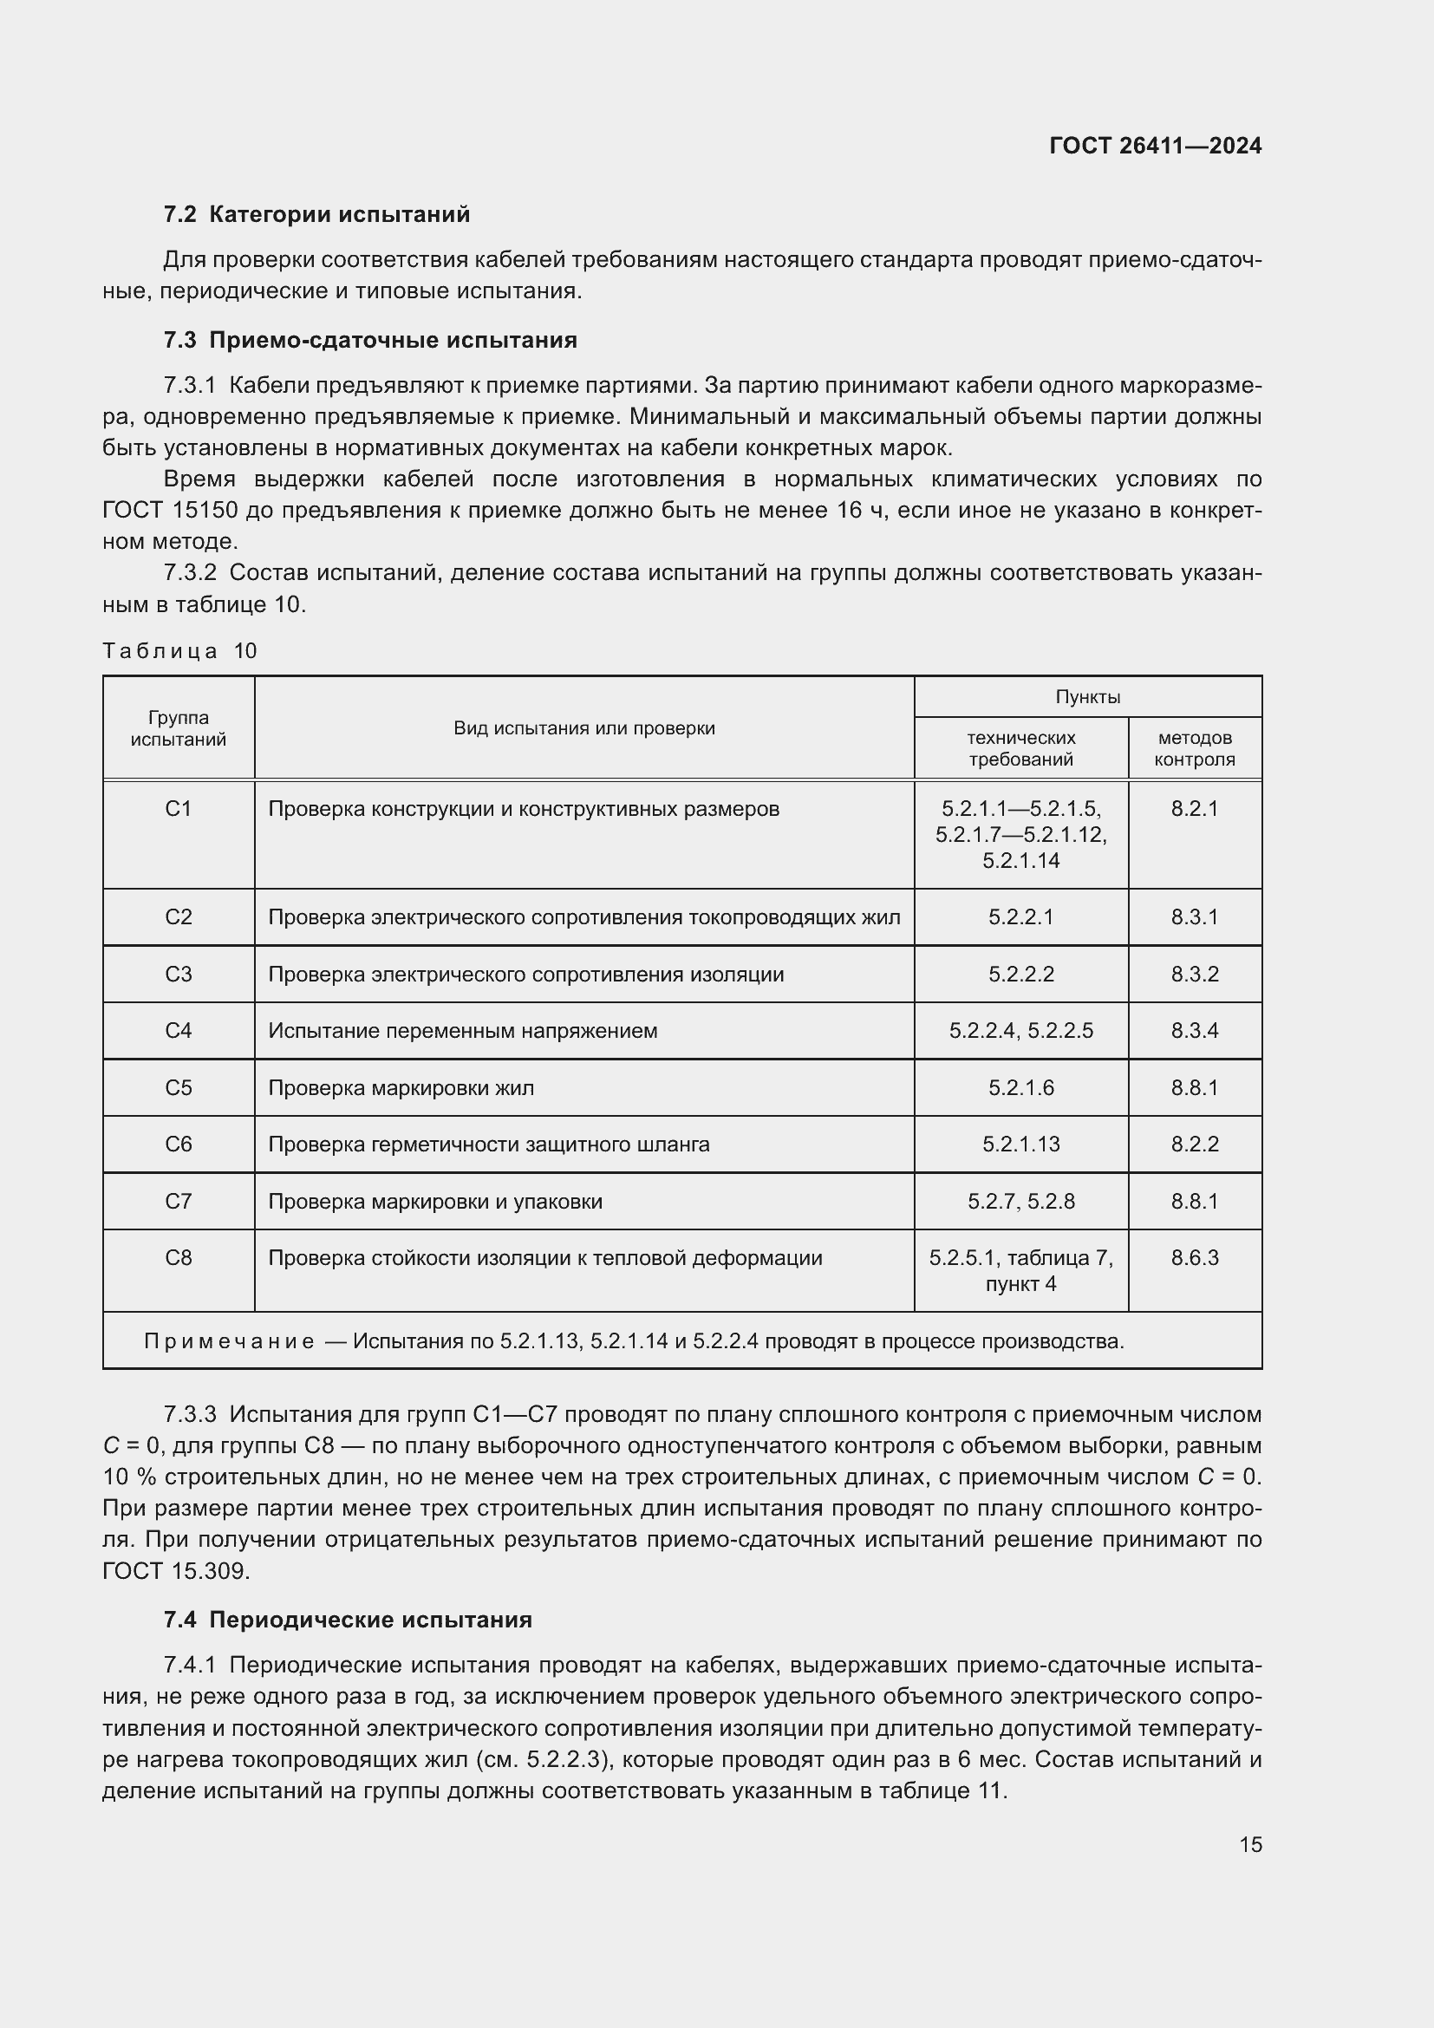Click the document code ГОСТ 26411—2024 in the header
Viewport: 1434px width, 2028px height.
[1155, 146]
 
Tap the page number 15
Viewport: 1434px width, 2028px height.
[1250, 1844]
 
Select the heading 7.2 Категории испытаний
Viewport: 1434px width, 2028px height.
[317, 215]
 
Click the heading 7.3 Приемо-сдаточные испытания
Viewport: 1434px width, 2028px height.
[370, 340]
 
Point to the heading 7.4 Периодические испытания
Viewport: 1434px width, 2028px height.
[348, 1620]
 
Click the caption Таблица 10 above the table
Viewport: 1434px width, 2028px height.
[179, 651]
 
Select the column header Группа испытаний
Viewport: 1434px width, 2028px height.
[179, 728]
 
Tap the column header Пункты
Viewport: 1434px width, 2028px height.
[1088, 697]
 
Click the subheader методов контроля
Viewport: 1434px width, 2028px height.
[1195, 748]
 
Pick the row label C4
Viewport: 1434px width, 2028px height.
[179, 1031]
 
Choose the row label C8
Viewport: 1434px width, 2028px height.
[179, 1258]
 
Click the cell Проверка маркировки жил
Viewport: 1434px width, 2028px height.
[401, 1088]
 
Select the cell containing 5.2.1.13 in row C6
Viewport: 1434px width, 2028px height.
[1020, 1144]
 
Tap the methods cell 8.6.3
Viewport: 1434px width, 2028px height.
[1195, 1258]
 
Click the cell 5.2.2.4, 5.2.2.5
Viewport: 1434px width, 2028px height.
[1020, 1031]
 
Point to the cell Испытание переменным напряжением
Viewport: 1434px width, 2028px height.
[463, 1031]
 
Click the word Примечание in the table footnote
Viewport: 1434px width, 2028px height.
[229, 1341]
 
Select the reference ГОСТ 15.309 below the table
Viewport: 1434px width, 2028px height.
[176, 1570]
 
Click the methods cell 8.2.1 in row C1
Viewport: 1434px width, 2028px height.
[1195, 809]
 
